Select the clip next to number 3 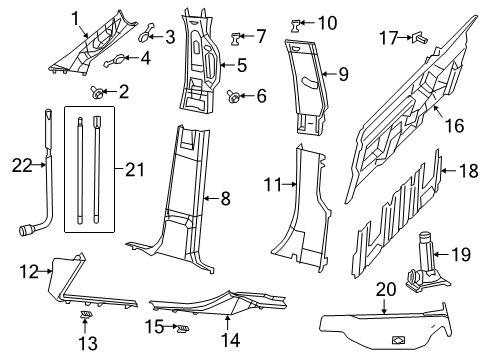point(148,36)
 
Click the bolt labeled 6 point(233,97)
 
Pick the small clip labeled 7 point(238,38)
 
